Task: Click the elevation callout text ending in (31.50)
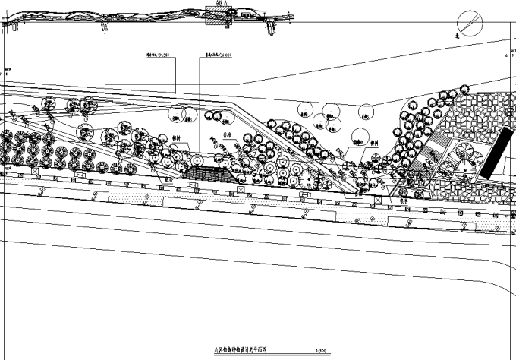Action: pos(156,55)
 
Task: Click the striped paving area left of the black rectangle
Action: pos(434,152)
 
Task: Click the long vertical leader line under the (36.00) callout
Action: pos(200,114)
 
